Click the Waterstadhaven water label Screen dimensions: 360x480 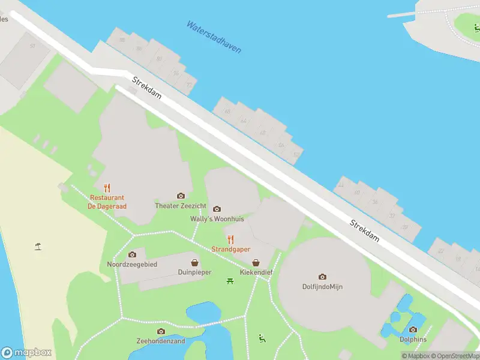coord(214,37)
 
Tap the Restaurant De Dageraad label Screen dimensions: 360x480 coord(107,202)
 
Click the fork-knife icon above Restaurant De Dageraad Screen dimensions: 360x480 coord(107,187)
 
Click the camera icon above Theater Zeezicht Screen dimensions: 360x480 coord(181,196)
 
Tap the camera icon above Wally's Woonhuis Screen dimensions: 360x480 coord(217,209)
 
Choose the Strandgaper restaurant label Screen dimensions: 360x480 coord(230,249)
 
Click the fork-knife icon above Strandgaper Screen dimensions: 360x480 coord(230,239)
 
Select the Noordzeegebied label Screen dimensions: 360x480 coord(132,265)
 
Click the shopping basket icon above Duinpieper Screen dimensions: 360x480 coord(195,262)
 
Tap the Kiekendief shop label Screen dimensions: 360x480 coord(256,272)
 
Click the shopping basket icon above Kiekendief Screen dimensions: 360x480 coord(256,262)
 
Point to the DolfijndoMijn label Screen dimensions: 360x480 coord(322,287)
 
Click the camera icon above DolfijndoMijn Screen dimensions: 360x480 coord(322,277)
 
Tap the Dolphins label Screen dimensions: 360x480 coord(413,339)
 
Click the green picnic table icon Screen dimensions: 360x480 coord(230,281)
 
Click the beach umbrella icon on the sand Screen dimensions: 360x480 coord(38,245)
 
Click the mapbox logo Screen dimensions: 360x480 coord(26,353)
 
